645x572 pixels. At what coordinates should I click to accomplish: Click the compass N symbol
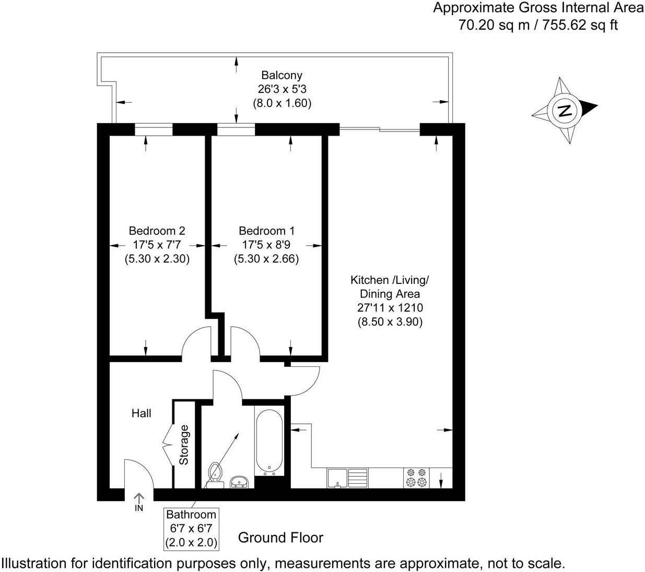click(x=564, y=111)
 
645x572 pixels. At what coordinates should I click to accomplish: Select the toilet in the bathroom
click(x=214, y=472)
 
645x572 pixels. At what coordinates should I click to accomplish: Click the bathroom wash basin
click(x=240, y=481)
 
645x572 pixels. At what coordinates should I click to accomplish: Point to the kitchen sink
click(x=347, y=478)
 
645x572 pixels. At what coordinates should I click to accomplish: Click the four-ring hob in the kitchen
click(x=416, y=478)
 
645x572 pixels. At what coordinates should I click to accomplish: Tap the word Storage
click(x=183, y=445)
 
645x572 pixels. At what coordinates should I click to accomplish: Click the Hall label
click(x=141, y=413)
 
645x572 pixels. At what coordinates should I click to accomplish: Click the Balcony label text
click(x=282, y=76)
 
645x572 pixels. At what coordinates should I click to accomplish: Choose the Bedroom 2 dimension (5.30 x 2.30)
click(x=157, y=258)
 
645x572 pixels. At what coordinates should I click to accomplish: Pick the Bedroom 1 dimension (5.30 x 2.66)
click(x=266, y=258)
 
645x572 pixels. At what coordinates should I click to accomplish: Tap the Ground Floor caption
click(x=280, y=538)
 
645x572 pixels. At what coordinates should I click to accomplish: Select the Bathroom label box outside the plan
click(x=191, y=528)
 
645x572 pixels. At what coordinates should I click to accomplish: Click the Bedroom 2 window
click(x=154, y=129)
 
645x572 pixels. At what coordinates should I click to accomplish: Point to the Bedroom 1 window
click(x=236, y=129)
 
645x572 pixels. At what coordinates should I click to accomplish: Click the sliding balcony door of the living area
click(x=380, y=128)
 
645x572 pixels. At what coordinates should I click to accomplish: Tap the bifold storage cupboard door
click(x=168, y=445)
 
